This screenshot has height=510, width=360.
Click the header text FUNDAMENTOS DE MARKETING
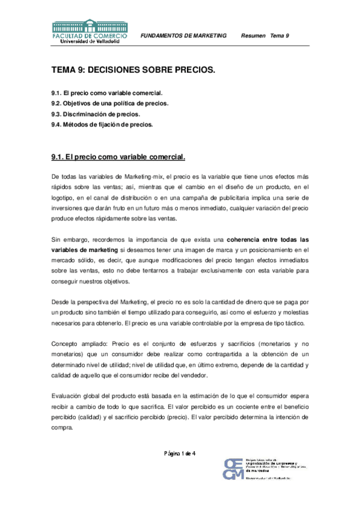(x=183, y=36)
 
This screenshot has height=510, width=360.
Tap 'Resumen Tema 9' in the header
(x=265, y=36)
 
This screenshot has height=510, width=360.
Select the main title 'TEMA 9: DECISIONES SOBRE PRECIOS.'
(x=133, y=70)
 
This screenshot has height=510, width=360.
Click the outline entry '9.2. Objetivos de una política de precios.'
(x=109, y=103)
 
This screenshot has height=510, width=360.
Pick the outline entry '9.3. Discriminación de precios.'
(x=96, y=114)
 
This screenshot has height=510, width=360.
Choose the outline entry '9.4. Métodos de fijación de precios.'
(x=102, y=125)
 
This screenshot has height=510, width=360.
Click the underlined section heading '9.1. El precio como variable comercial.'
(x=118, y=158)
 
